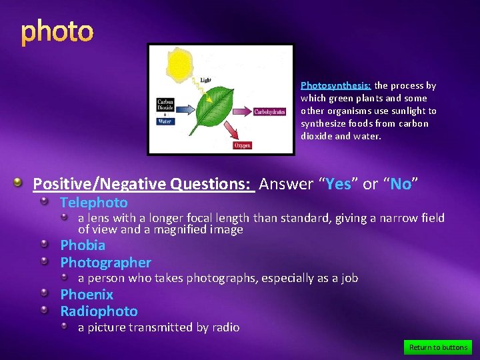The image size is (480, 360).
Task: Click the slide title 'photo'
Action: click(x=57, y=31)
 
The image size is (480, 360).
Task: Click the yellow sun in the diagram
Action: click(x=180, y=65)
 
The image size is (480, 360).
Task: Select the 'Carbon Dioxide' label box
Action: click(x=165, y=104)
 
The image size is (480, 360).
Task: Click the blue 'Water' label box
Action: click(x=165, y=121)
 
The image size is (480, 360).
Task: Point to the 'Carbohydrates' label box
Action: click(x=269, y=112)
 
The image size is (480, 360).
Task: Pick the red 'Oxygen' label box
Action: click(x=242, y=145)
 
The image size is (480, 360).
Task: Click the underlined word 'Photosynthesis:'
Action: click(x=335, y=85)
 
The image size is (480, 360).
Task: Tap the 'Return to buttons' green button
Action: click(x=437, y=347)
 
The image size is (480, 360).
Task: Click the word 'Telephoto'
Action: click(x=94, y=203)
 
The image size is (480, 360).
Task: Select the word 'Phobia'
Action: click(x=83, y=245)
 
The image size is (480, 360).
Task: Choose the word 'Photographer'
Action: click(x=105, y=263)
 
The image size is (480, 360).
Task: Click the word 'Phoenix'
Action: click(x=87, y=294)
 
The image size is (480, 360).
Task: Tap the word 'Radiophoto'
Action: click(x=99, y=311)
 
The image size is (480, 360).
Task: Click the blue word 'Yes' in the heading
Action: click(x=338, y=184)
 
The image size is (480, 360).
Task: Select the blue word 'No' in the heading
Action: click(x=401, y=184)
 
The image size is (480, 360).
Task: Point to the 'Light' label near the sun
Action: click(x=206, y=80)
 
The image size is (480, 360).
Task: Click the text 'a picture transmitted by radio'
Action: click(x=159, y=327)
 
